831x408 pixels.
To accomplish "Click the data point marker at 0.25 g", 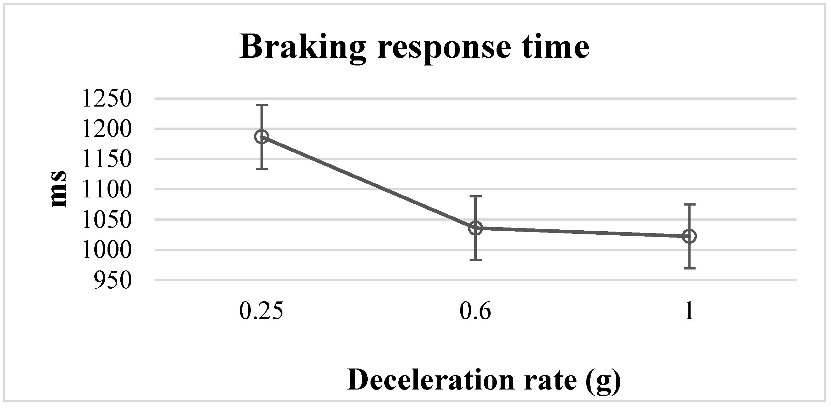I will pos(261,137).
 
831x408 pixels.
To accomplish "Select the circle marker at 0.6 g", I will pos(475,228).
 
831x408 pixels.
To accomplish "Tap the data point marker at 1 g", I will pos(689,236).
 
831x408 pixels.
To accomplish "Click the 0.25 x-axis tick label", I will pos(261,311).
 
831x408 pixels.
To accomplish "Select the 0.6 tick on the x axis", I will pos(475,311).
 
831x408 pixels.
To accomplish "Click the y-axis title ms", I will pos(59,189).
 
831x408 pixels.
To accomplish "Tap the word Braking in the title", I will pos(302,48).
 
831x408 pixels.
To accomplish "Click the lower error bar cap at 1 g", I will pos(689,268).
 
